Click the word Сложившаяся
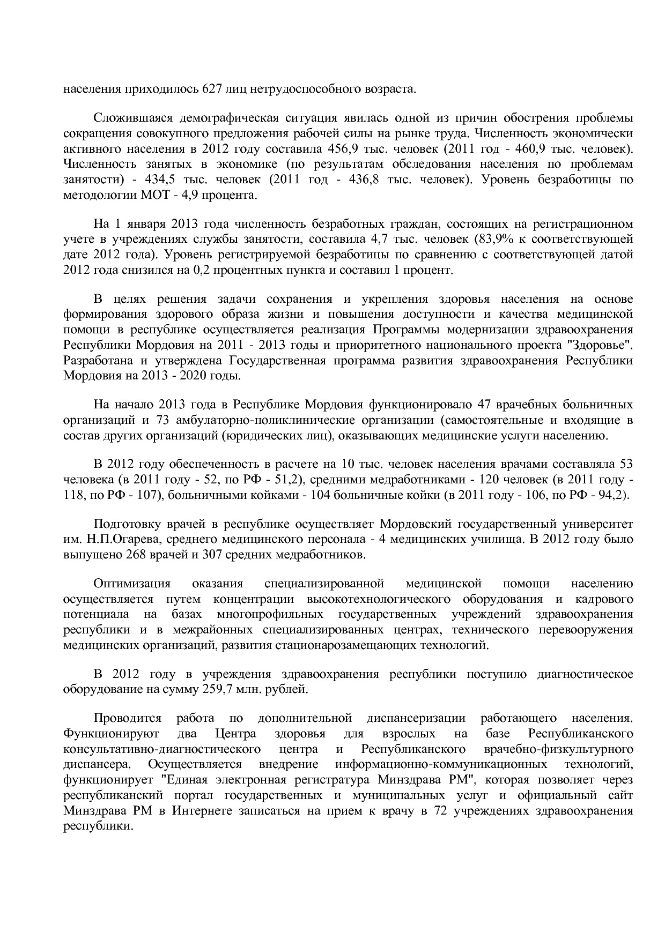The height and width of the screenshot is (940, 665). click(124, 117)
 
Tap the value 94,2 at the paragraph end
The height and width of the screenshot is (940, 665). click(611, 495)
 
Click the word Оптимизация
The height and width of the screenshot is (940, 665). click(132, 583)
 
